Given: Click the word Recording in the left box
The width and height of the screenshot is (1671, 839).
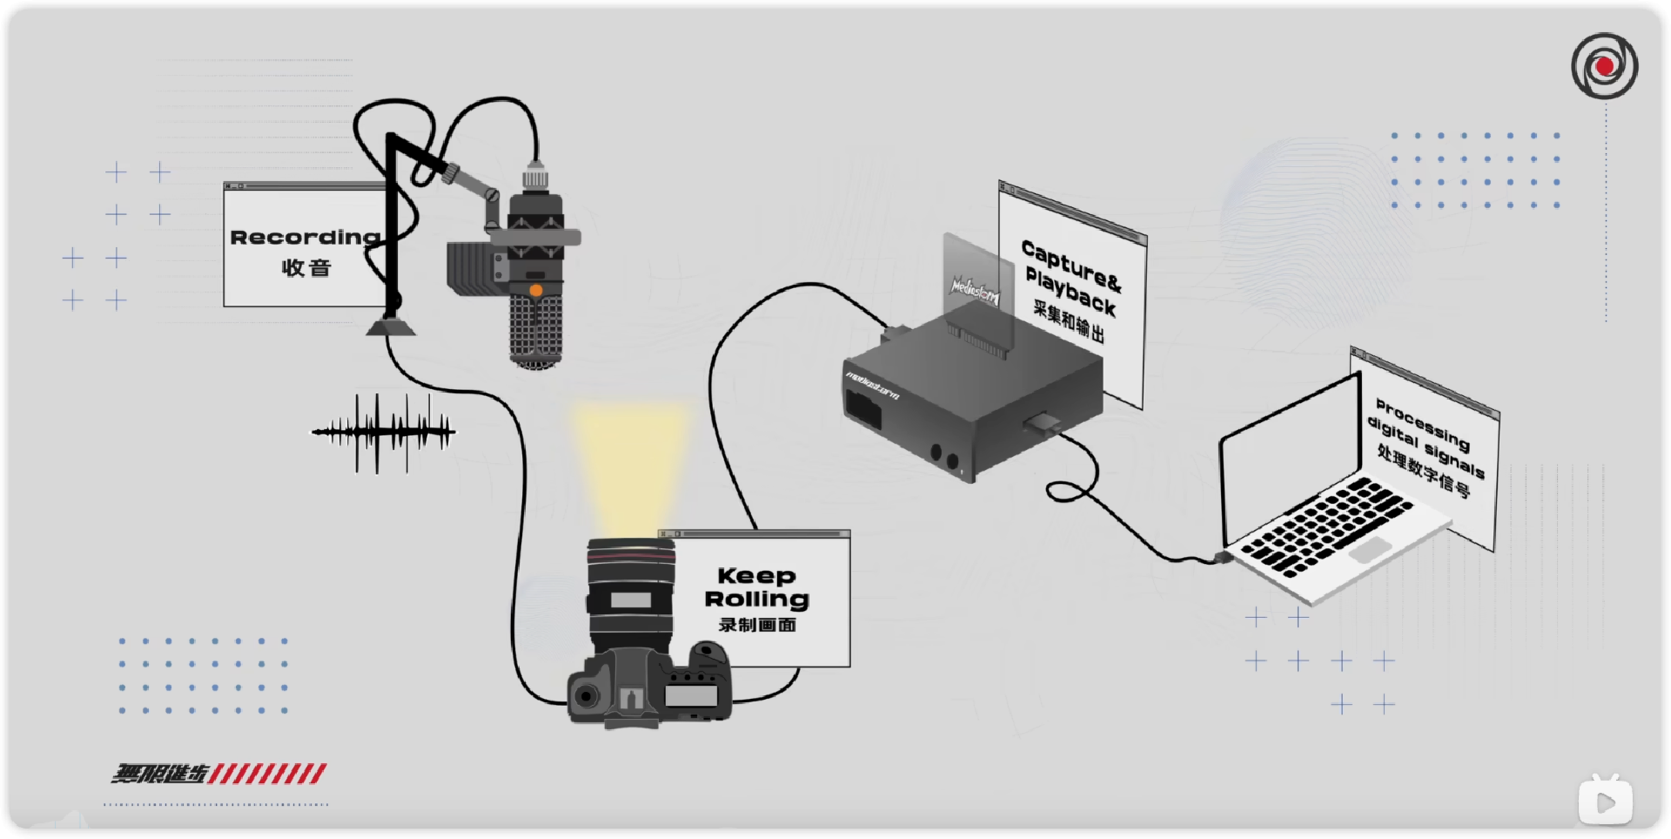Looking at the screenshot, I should point(305,238).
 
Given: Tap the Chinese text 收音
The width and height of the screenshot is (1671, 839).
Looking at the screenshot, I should point(306,268).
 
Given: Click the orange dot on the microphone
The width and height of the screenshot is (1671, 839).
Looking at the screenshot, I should point(536,290).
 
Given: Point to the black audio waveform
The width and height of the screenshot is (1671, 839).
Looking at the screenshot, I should point(384,432).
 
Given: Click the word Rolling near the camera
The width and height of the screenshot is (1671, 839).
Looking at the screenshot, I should point(756,599).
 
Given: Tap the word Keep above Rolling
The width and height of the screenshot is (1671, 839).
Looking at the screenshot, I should point(756,575).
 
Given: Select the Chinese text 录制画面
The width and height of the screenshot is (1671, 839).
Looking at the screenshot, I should point(757,625).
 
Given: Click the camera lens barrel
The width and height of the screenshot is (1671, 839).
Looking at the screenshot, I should point(631,592).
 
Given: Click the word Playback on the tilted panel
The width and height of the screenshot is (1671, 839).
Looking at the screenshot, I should point(1070,291).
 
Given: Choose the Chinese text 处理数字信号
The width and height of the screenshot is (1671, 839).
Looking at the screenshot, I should point(1423,471).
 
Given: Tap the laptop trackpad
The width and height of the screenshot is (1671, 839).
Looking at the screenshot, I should point(1369,550).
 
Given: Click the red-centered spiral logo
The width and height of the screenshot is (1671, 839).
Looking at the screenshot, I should point(1604,66).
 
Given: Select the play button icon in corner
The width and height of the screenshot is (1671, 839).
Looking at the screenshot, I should point(1605,801).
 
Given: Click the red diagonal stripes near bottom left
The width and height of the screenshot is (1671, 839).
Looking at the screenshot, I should point(267,773).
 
